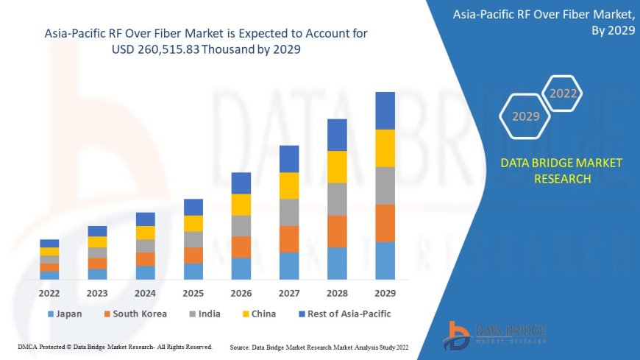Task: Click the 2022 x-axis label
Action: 49,293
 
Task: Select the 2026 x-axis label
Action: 241,293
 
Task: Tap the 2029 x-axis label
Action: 385,293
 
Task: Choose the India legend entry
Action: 205,314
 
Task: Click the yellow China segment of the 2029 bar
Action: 385,148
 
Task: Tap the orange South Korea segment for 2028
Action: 337,231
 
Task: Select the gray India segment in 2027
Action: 289,212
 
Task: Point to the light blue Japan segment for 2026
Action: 241,268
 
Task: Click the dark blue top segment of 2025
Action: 193,207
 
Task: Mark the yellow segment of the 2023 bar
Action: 97,241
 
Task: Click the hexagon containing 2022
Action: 563,93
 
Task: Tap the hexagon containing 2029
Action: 525,116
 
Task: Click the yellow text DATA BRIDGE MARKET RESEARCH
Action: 561,170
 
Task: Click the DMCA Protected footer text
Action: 115,346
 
